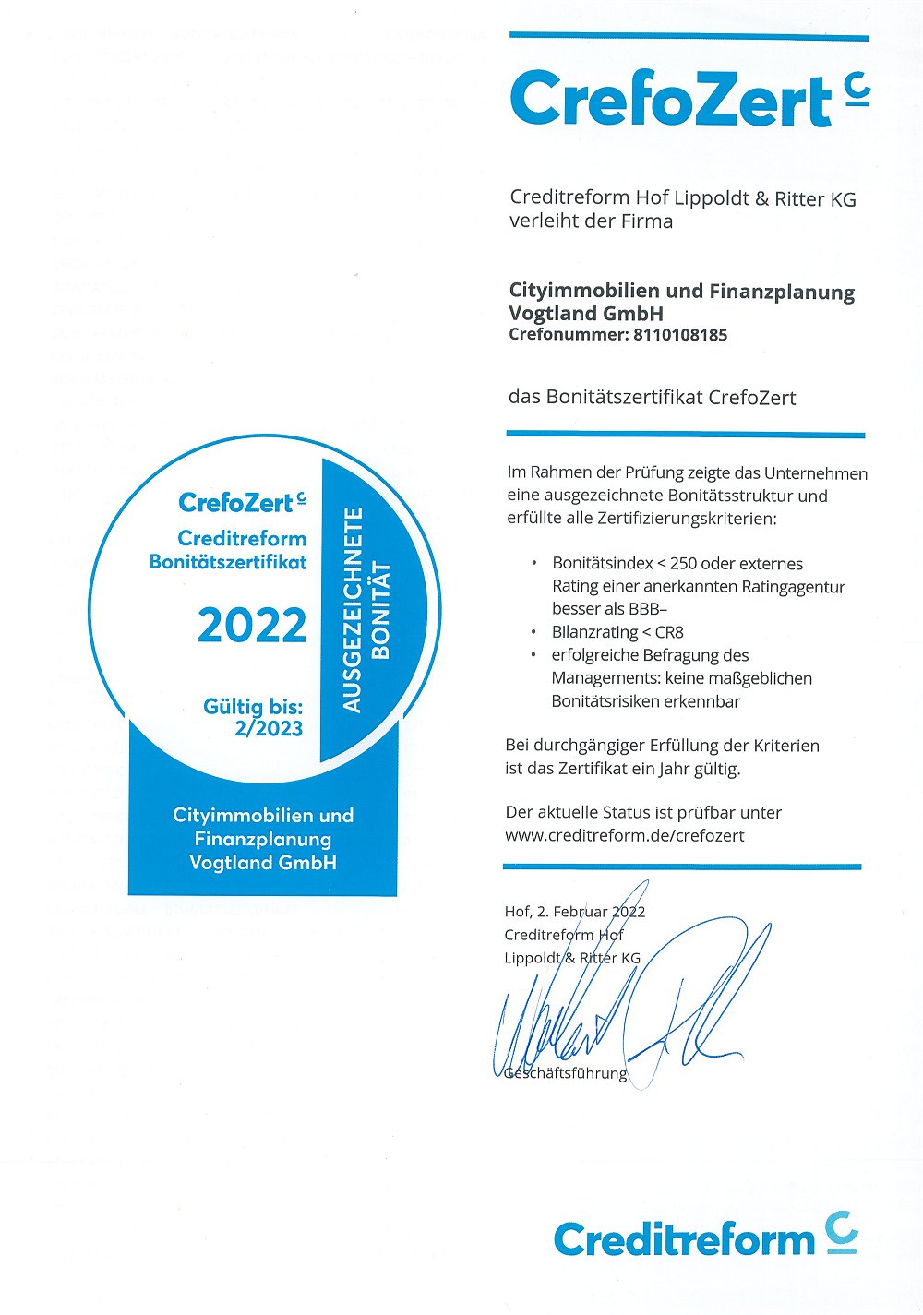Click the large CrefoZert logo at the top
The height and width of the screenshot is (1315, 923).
point(688,100)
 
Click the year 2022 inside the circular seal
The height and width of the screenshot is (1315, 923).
point(252,626)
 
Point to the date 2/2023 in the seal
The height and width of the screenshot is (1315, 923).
point(269,728)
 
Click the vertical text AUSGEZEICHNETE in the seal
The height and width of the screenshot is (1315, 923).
point(352,610)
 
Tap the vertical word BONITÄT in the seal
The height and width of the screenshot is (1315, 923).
point(381,610)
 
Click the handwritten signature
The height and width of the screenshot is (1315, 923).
point(628,1006)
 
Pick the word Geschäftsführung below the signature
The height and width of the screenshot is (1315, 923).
point(566,1073)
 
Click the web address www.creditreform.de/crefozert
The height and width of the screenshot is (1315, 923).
point(625,835)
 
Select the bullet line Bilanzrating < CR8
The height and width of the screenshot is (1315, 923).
point(617,632)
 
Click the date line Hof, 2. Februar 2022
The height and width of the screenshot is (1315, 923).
point(574,912)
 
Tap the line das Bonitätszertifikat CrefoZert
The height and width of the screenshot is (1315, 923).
point(652,398)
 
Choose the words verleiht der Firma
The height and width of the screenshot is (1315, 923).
point(591,221)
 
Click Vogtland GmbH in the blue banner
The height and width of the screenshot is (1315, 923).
point(262,863)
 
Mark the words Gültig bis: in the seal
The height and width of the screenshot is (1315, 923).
point(253,707)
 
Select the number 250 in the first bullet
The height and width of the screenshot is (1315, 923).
point(689,564)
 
